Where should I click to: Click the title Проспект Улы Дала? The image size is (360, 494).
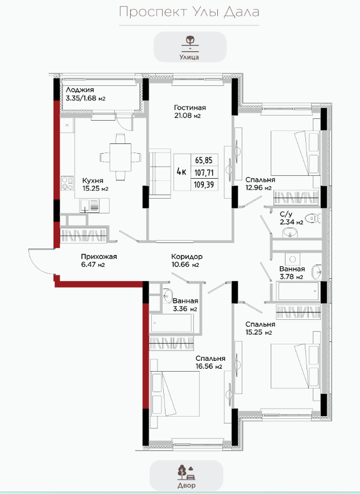tap(189, 13)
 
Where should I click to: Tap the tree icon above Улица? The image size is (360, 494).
tap(189, 43)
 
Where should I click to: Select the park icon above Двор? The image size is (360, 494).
tap(186, 472)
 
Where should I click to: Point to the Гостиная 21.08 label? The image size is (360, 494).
tap(190, 112)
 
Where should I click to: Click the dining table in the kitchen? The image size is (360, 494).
tap(121, 157)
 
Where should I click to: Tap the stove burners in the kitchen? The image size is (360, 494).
tap(67, 183)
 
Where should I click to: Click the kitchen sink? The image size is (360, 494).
tap(90, 205)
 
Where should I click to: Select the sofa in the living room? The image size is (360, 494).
tap(160, 174)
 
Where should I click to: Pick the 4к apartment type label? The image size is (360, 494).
tap(181, 172)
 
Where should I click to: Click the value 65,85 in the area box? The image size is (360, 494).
tap(204, 160)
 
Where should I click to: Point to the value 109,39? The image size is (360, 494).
tap(204, 184)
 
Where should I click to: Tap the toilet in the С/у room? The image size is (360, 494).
tap(314, 218)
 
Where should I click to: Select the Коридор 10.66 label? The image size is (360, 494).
tap(187, 261)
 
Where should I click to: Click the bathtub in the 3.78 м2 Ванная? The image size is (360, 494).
tap(298, 291)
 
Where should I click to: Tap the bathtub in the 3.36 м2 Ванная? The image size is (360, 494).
tap(172, 323)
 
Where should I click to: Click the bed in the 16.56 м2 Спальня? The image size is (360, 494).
tap(175, 393)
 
